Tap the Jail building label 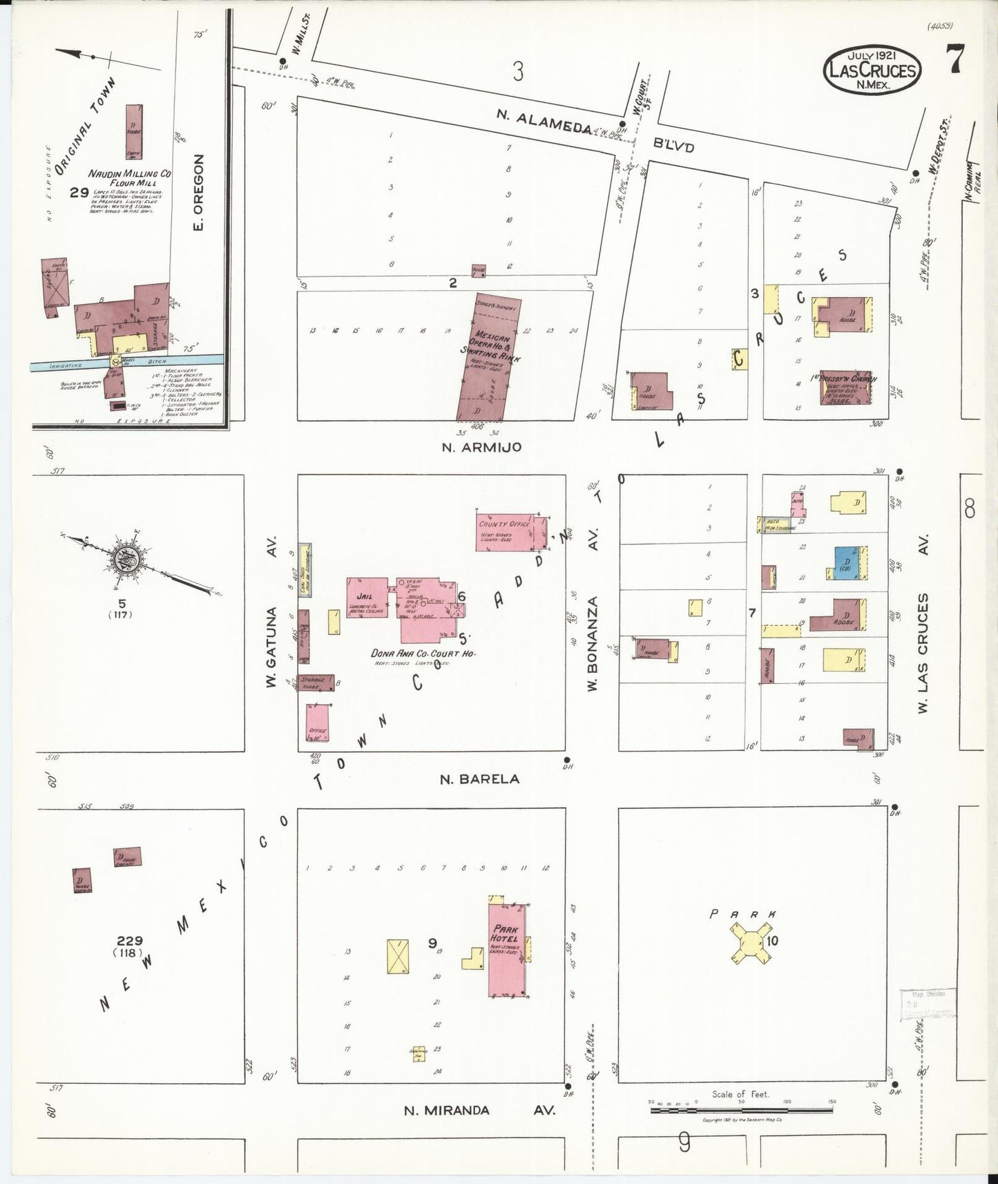(x=365, y=597)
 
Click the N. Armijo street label (x=481, y=448)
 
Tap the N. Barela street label (x=480, y=779)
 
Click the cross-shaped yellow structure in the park (x=749, y=945)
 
